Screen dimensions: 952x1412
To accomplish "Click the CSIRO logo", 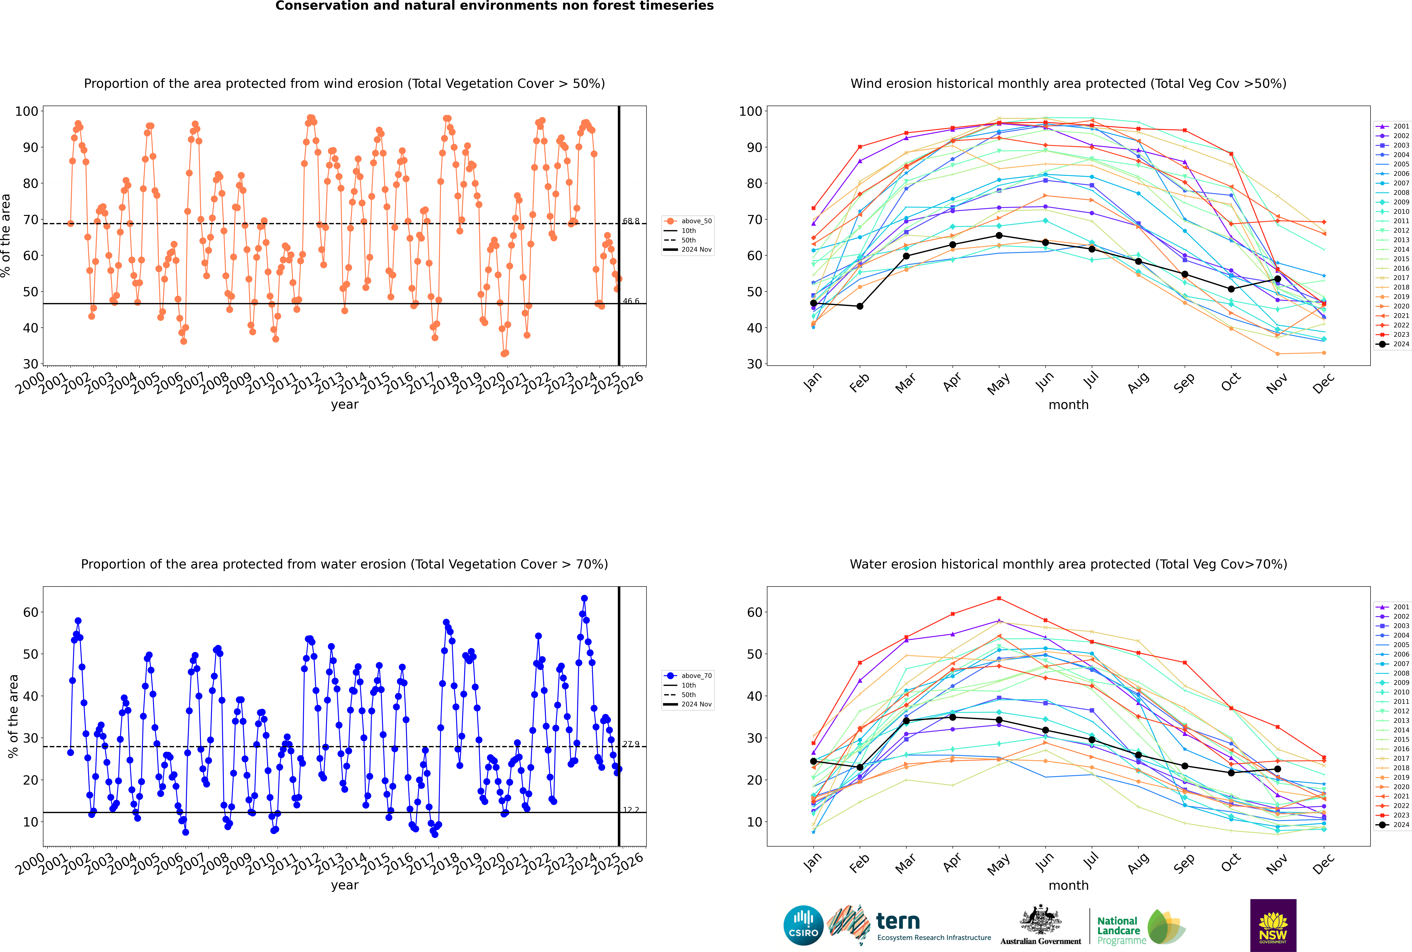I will (803, 925).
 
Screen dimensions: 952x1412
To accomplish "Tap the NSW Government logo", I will (1273, 925).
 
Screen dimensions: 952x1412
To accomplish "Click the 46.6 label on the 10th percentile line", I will (631, 301).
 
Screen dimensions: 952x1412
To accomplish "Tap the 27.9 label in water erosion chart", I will (631, 744).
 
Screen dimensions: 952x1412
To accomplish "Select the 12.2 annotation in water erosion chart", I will (631, 810).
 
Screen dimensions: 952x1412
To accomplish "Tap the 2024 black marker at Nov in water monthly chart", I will (1277, 769).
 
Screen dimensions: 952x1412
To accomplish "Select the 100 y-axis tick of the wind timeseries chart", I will (27, 111).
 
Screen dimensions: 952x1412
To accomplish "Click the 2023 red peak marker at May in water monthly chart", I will (999, 599).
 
